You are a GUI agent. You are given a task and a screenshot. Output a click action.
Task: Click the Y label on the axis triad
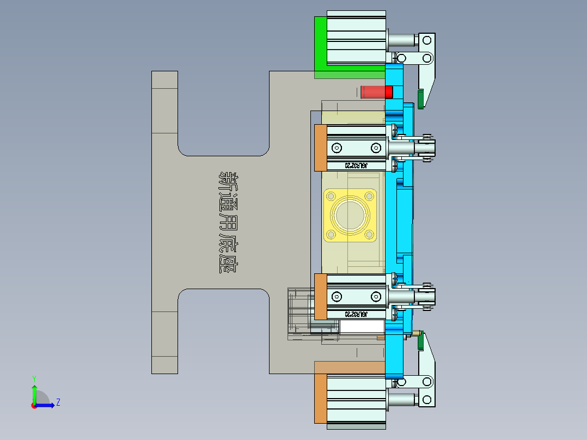pos(34,378)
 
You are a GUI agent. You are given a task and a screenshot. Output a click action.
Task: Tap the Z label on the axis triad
pos(58,402)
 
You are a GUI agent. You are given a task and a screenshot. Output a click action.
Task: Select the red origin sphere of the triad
pos(34,405)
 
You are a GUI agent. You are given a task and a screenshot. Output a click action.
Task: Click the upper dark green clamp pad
pos(421,99)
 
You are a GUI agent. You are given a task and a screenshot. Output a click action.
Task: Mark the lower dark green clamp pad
pos(420,340)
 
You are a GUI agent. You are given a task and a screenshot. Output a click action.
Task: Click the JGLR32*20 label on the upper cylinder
pos(356,165)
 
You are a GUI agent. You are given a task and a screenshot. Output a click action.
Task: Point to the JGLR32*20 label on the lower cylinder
pos(356,314)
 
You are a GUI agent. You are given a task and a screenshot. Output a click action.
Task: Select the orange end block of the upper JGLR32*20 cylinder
pos(320,148)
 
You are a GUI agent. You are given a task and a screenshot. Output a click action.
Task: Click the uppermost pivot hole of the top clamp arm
pos(427,40)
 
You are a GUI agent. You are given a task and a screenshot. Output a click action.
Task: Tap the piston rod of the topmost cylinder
pos(402,40)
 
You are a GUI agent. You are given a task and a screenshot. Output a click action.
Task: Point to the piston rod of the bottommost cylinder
pos(402,401)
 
